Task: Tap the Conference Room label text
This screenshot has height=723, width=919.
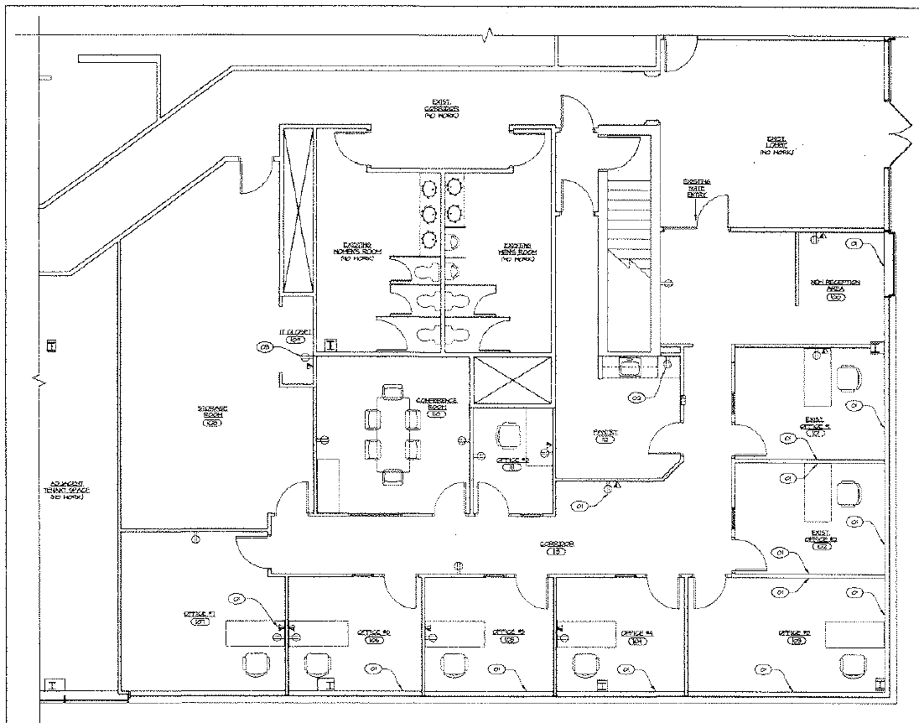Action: click(x=436, y=405)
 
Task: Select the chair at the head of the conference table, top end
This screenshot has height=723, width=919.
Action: click(x=392, y=391)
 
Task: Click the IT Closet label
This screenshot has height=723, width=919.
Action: click(x=295, y=335)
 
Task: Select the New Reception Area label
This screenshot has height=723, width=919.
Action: click(x=834, y=288)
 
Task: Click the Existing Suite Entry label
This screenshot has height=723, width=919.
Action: click(x=697, y=188)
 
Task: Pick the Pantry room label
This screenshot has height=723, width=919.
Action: click(x=606, y=436)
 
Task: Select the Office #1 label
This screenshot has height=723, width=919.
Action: click(x=200, y=618)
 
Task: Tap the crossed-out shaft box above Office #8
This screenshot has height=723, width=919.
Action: click(x=512, y=381)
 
